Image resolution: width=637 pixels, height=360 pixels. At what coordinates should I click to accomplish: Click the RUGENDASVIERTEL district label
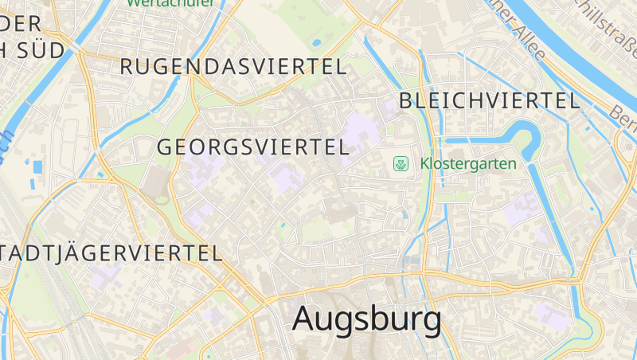pos(233,67)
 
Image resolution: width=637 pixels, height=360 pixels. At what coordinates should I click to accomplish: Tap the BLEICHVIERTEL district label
pos(489,100)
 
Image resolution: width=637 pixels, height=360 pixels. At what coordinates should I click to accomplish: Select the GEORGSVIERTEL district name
pos(253,147)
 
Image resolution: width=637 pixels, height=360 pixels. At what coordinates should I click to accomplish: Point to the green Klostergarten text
pos(468,164)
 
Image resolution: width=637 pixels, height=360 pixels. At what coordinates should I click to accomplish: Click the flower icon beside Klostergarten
pos(401,164)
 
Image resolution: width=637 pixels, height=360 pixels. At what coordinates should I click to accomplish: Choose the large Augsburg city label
pos(366,319)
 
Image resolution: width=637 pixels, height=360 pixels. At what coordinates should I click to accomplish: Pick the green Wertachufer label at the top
pos(170,2)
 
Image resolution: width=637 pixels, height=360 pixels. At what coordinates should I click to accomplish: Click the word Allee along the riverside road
pos(528,43)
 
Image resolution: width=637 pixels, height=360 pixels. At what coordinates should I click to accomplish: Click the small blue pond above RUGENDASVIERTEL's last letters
pos(317,42)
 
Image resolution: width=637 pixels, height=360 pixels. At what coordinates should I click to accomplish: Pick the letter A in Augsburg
pos(307,319)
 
